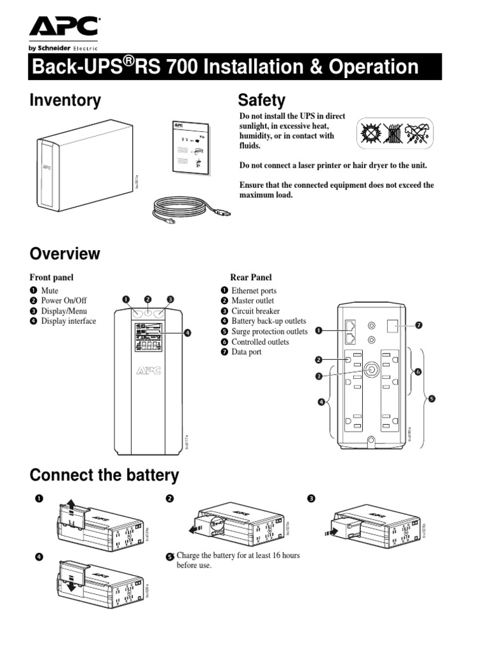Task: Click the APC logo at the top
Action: click(x=63, y=27)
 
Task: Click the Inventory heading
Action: click(x=65, y=100)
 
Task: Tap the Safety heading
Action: click(x=261, y=100)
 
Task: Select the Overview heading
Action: click(x=65, y=254)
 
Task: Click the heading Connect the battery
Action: click(x=104, y=475)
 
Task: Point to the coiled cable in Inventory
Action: click(x=184, y=209)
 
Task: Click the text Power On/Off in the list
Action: click(x=64, y=301)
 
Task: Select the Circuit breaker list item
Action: click(x=255, y=311)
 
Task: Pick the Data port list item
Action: click(x=247, y=352)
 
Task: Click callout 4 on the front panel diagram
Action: click(x=188, y=332)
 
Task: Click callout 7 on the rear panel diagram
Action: click(x=419, y=325)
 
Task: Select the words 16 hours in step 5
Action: click(x=283, y=555)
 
